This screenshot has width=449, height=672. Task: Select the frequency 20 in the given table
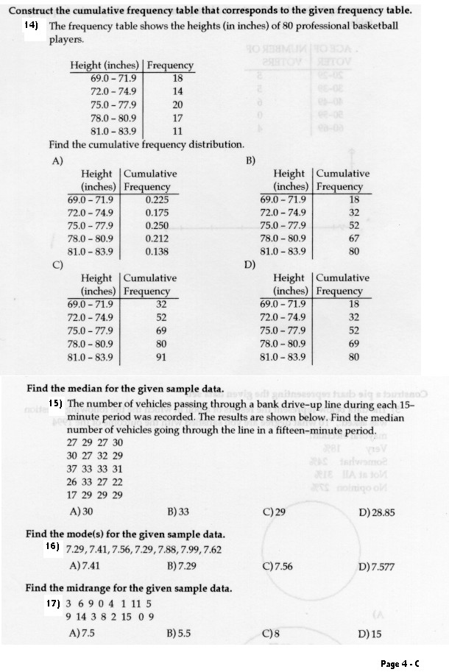(177, 105)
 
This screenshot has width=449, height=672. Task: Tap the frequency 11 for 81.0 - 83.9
(177, 131)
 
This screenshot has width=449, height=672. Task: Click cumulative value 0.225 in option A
(157, 199)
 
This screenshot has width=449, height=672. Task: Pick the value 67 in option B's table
(354, 238)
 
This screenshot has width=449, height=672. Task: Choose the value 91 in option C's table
(161, 357)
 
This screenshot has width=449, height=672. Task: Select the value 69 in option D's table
(354, 344)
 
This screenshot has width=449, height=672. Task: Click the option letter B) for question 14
(250, 160)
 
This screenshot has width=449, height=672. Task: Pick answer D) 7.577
(375, 567)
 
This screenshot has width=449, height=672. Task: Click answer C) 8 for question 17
(271, 633)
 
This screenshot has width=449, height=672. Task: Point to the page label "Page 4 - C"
(400, 663)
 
